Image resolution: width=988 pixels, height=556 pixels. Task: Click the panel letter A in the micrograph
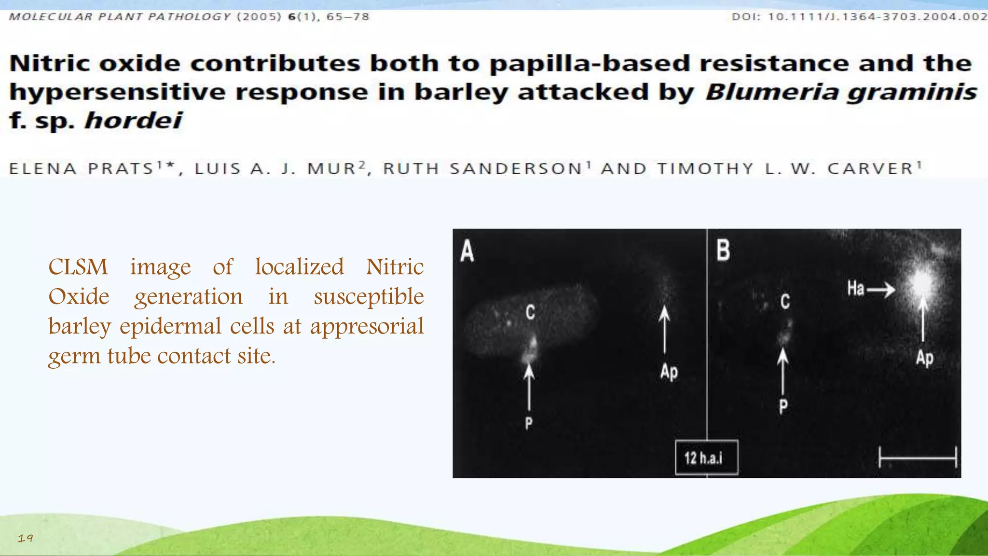pos(467,251)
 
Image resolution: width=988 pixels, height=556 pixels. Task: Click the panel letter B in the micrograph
pos(723,250)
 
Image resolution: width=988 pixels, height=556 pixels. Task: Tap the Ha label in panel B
pos(855,289)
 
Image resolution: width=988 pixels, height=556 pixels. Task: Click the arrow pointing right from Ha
pos(881,290)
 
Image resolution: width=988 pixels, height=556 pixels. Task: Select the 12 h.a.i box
pos(706,458)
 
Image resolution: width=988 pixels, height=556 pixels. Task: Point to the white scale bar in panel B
pos(917,457)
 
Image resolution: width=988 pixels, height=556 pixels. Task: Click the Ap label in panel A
pos(669,372)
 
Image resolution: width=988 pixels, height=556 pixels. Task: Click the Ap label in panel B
pos(924,358)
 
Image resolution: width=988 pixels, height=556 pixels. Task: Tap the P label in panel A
pos(529,424)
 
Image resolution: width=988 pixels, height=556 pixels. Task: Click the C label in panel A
pos(530,312)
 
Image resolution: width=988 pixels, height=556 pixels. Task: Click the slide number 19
pos(25,538)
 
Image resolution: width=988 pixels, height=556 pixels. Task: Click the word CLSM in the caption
pos(78,267)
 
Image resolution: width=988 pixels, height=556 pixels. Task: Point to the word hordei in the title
pos(133,120)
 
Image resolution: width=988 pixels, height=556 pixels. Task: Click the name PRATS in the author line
pos(121,168)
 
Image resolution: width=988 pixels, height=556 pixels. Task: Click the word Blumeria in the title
pos(772,92)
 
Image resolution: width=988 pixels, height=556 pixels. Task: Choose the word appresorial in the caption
pos(367,326)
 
